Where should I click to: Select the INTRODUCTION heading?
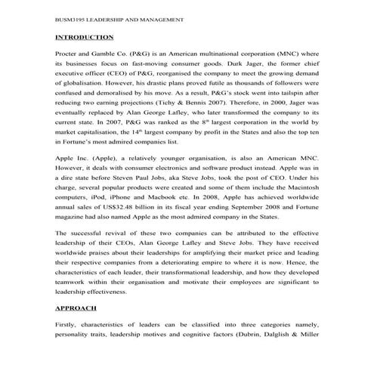pyautogui.click(x=85, y=37)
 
